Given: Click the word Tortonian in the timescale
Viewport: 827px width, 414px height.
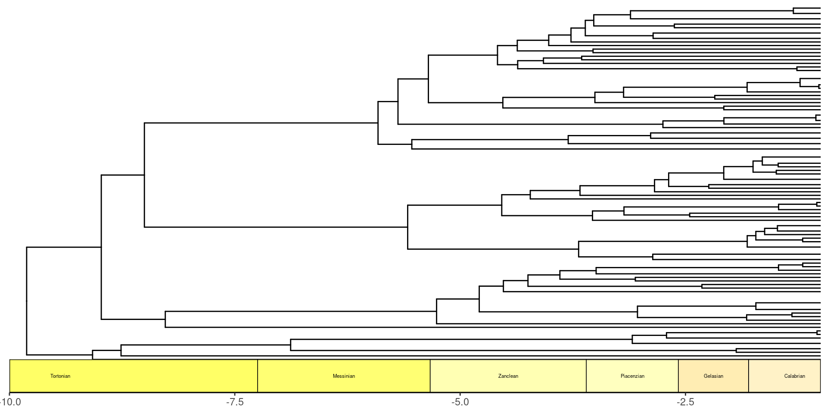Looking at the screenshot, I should point(60,376).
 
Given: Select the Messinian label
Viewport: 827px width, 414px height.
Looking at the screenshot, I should point(344,376).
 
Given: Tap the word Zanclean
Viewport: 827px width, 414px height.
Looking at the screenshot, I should point(508,376).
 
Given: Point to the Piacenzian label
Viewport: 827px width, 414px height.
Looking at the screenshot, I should point(632,376).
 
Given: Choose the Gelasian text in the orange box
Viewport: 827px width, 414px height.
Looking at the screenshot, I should point(713,376).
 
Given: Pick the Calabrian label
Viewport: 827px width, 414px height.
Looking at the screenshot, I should point(794,376).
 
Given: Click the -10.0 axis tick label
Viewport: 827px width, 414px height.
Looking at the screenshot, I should point(9,402).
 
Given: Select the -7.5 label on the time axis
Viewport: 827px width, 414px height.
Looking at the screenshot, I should point(235,402).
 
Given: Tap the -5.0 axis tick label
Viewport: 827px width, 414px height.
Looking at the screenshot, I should point(460,402).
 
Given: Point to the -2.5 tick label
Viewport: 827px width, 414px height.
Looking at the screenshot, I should point(685,402).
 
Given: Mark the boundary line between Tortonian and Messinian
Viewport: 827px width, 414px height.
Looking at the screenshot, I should point(258,376).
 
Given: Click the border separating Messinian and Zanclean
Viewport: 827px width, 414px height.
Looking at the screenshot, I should point(430,376).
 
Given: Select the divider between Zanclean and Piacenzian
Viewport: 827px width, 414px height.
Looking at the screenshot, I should point(586,376).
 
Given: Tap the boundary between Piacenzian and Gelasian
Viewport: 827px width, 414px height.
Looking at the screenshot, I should point(678,376).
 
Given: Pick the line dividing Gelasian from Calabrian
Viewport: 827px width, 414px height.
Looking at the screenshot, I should point(749,376).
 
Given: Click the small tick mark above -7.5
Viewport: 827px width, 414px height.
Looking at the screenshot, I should point(235,394).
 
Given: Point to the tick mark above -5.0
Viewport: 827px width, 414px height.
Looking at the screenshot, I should point(460,394).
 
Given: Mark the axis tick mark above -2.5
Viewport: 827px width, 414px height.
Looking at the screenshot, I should point(685,394).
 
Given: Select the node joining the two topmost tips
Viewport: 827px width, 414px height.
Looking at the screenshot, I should point(793,11).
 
